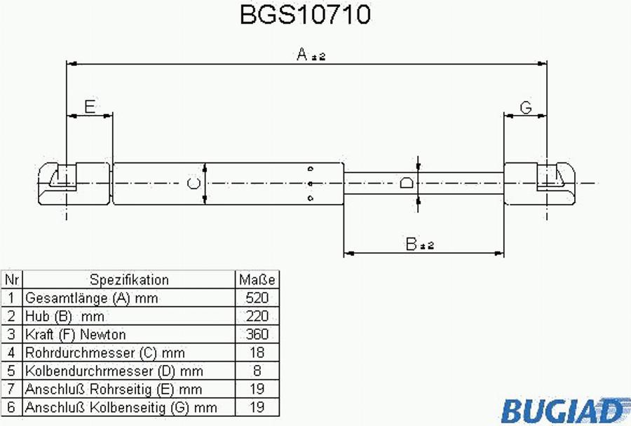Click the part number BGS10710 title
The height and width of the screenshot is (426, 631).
(305, 15)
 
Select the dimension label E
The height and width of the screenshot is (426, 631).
(90, 107)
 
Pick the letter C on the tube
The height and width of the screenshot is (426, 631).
(194, 184)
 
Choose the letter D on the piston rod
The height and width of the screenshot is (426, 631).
(406, 184)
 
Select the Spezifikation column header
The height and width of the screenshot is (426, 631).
(129, 280)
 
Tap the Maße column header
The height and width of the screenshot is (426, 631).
(257, 280)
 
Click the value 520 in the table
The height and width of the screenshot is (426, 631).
(257, 298)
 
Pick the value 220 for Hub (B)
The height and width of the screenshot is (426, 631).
(257, 316)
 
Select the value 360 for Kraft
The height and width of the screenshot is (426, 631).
(257, 334)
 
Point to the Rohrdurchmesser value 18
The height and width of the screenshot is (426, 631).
(257, 352)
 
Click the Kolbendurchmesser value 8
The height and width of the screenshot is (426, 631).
(257, 371)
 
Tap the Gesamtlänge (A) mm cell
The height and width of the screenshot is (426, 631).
(92, 298)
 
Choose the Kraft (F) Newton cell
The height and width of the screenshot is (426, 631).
(76, 334)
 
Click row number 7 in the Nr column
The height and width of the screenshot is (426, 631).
(11, 389)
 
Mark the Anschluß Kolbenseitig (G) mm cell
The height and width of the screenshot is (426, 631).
(121, 407)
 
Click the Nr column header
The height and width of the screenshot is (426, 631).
(11, 280)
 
